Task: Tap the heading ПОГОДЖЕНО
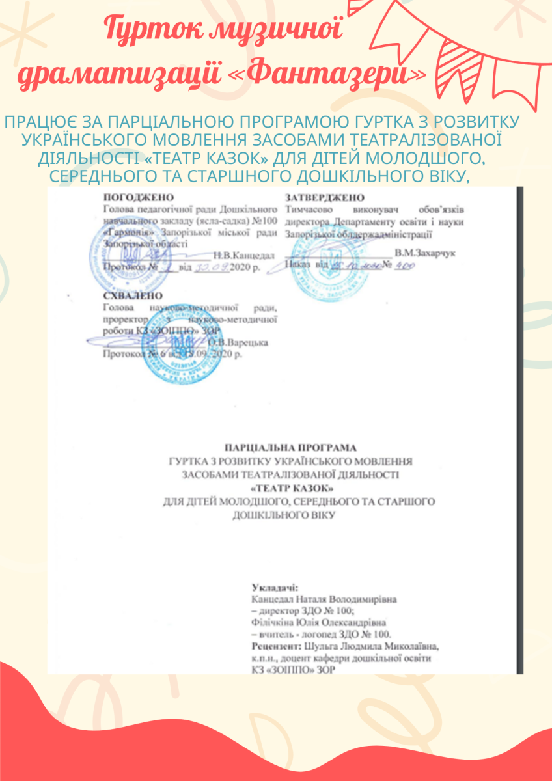tap(139, 197)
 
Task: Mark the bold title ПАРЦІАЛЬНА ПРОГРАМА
tap(290, 448)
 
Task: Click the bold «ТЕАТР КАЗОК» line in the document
tap(290, 487)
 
